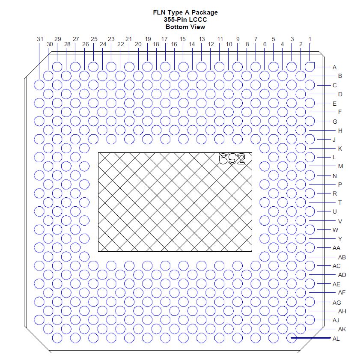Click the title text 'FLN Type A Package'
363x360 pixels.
click(x=185, y=12)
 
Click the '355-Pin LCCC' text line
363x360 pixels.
click(x=185, y=20)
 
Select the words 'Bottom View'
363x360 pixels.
click(x=185, y=27)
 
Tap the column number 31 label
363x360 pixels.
click(x=40, y=39)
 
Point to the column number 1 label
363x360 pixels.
click(x=310, y=39)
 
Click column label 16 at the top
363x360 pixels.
click(x=174, y=44)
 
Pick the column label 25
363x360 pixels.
click(x=94, y=39)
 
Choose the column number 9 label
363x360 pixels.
click(x=238, y=39)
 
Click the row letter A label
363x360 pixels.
click(x=334, y=67)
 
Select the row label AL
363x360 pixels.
click(x=336, y=339)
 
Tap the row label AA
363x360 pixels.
click(x=336, y=248)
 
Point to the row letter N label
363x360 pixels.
click(x=334, y=176)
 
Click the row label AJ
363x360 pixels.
click(x=336, y=320)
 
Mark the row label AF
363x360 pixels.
click(x=342, y=293)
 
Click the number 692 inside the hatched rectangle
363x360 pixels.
click(x=232, y=159)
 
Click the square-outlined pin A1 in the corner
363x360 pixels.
click(x=310, y=67)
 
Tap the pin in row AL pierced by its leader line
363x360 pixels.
click(x=292, y=338)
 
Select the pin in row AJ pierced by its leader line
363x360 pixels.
click(x=310, y=320)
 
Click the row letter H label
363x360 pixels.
click(x=340, y=131)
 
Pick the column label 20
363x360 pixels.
click(x=138, y=44)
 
